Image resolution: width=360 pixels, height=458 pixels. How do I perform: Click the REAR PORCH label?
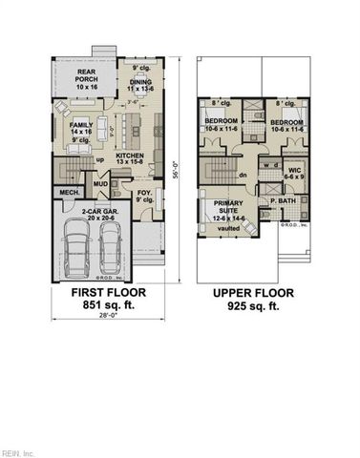point(73,76)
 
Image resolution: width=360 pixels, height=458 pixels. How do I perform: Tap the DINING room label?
point(140,84)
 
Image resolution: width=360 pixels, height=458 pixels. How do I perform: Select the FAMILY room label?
point(81,125)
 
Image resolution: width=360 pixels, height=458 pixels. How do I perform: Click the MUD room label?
point(101,185)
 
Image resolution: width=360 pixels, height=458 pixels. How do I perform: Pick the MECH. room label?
point(69,194)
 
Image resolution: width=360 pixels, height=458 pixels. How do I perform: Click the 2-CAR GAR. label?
point(98,211)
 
